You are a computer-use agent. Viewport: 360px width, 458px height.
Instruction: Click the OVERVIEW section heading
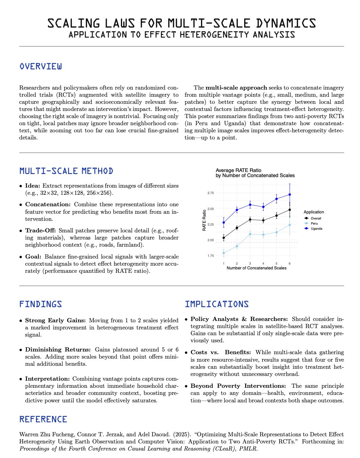point(41,66)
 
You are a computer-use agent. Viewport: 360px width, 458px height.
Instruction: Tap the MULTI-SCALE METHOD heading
point(66,171)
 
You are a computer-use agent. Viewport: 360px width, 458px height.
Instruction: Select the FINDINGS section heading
point(41,304)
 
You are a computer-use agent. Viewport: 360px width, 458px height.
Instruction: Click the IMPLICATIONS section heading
point(217,304)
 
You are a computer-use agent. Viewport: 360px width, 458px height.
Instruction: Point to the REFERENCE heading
point(43,419)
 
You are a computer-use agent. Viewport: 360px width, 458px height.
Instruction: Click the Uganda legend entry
point(316,229)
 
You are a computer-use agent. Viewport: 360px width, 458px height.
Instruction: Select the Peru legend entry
point(314,224)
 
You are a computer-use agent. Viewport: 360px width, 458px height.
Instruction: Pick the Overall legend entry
point(316,218)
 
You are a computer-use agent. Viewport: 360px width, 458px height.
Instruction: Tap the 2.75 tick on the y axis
point(211,193)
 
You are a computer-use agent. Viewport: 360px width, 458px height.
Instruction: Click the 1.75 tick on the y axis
point(211,256)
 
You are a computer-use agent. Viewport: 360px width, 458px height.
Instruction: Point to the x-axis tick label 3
point(250,264)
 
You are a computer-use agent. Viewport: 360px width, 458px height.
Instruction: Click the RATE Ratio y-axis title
point(204,220)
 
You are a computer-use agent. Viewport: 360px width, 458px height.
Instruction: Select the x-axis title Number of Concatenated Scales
point(256,268)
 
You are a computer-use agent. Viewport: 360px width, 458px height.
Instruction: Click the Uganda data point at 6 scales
point(290,194)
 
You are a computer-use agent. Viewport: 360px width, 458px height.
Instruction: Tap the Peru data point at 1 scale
point(223,253)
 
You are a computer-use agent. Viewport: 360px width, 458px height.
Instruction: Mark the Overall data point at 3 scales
point(250,220)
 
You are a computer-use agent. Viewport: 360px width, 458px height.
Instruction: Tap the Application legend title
point(314,212)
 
